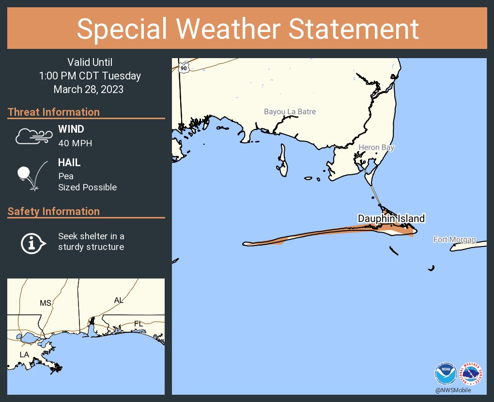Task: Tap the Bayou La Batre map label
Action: tap(290, 112)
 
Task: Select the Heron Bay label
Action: tap(376, 148)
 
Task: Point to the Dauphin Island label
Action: tap(391, 219)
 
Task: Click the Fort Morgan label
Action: tap(454, 240)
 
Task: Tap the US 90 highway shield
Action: tap(183, 68)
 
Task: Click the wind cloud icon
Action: tap(32, 136)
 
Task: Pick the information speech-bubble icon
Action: tap(32, 242)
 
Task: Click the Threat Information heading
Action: tap(54, 112)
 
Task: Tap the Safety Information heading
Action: tap(54, 212)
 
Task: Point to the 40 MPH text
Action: tap(75, 143)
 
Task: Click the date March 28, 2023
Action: tap(89, 90)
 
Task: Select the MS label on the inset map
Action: tap(46, 303)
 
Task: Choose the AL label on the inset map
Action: tap(119, 300)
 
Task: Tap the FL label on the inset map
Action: tap(139, 323)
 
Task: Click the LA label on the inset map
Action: tap(24, 355)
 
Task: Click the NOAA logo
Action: tap(446, 374)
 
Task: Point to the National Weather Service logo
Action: tap(471, 374)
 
